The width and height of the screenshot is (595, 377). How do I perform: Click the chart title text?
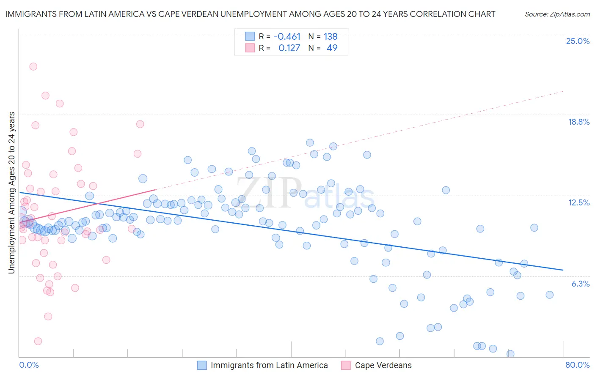[250, 14]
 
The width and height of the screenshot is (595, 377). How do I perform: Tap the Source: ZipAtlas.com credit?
[557, 14]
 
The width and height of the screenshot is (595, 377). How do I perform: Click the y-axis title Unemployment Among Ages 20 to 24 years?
[11, 193]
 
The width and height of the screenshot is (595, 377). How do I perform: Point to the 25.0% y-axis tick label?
[578, 41]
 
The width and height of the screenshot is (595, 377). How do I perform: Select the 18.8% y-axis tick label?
[578, 122]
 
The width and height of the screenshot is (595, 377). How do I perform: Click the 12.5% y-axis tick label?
[578, 202]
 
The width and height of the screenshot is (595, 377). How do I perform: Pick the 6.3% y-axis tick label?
[580, 284]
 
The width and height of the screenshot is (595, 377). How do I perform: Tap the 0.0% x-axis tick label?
[29, 365]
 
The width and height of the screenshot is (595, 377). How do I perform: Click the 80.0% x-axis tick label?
[577, 365]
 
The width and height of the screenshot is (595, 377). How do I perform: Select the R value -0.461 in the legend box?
[287, 36]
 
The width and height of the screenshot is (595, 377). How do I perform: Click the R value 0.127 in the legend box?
[289, 48]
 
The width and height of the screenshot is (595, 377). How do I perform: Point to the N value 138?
[331, 36]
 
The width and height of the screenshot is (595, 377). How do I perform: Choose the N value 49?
[332, 48]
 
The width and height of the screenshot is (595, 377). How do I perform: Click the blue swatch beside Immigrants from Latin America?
[202, 365]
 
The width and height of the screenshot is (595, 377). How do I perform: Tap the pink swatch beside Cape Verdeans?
[346, 365]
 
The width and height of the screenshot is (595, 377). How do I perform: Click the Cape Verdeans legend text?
[383, 365]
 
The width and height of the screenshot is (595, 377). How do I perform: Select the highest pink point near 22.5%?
[33, 66]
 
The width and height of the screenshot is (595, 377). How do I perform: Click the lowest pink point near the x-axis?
[38, 341]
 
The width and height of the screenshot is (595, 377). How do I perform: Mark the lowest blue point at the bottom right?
[510, 354]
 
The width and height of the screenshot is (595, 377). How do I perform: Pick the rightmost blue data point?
[549, 295]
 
